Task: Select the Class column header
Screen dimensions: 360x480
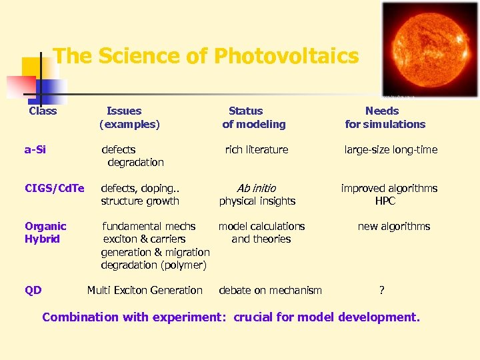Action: coord(43,111)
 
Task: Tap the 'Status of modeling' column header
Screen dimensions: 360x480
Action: coord(253,117)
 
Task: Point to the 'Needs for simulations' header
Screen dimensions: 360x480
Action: coord(385,117)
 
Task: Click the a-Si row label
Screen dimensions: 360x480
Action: coord(35,149)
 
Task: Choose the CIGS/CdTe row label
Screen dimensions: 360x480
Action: coord(55,188)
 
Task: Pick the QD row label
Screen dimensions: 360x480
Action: coord(33,290)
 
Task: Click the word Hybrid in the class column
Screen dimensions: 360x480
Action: coord(42,239)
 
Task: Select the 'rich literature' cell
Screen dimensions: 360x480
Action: coord(257,149)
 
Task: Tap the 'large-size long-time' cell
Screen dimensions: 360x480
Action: coord(391,149)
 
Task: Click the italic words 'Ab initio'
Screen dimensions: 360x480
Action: coord(256,188)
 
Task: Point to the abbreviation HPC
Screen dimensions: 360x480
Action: coord(385,201)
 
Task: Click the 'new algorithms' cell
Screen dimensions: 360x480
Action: coord(393,226)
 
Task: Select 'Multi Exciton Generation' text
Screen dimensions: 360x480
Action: coord(145,290)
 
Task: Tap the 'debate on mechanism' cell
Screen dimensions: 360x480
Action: coord(270,290)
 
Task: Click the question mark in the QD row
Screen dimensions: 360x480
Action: coord(382,290)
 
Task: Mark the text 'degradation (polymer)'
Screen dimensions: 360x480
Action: coord(153,265)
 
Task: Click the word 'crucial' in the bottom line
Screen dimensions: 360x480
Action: coord(252,317)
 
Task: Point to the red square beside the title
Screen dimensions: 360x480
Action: coord(20,86)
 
